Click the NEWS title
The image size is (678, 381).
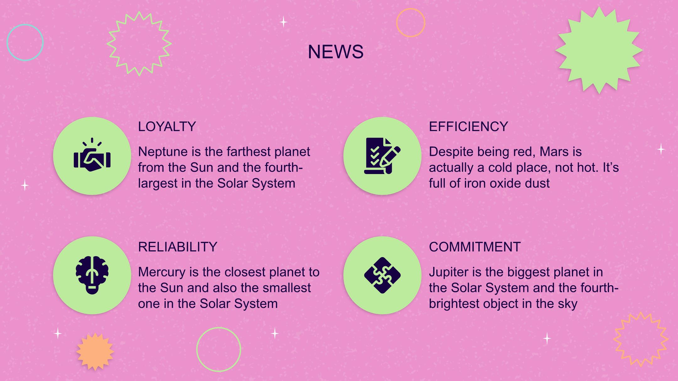[336, 52]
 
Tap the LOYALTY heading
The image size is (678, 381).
[167, 127]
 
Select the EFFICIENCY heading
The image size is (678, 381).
[468, 127]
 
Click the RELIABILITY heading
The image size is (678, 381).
[178, 247]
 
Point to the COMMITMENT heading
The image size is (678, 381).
[475, 247]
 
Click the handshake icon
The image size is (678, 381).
[92, 155]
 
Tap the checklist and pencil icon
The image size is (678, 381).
[382, 156]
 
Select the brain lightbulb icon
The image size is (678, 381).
[92, 275]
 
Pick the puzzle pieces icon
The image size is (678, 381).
[382, 275]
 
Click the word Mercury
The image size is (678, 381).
[162, 272]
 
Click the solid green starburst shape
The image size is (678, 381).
[599, 50]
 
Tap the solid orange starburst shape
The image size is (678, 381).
[95, 352]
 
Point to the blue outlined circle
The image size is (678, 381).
[7, 42]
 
